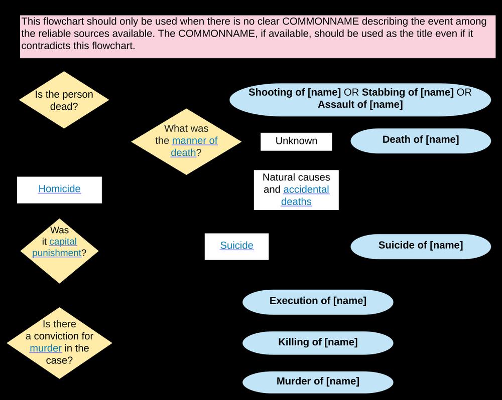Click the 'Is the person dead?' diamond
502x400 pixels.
point(64,101)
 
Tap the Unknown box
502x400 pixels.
point(296,141)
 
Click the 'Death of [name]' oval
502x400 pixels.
point(420,140)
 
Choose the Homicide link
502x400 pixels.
point(59,189)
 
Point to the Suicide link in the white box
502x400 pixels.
point(236,246)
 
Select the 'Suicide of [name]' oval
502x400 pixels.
point(420,245)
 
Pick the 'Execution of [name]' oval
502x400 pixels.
point(318,301)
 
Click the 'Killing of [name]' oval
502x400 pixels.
point(318,342)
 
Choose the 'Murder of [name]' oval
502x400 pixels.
point(318,381)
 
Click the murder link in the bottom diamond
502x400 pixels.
point(46,348)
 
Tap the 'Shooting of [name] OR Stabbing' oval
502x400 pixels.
point(360,98)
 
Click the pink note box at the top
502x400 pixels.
point(258,37)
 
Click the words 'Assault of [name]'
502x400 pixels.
point(360,105)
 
